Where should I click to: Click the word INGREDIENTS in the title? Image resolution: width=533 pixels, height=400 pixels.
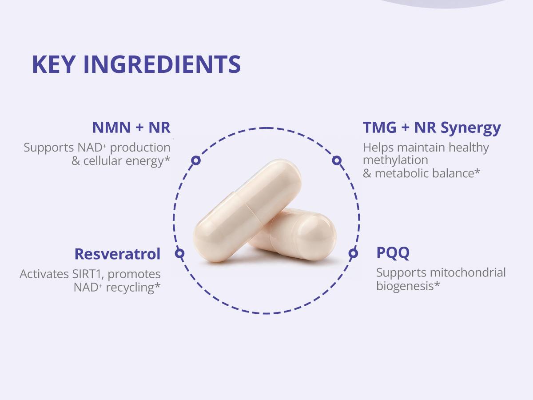(x=162, y=65)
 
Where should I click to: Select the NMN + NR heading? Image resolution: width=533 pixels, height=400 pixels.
(x=131, y=128)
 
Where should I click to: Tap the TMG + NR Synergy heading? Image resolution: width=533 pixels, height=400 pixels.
(x=432, y=128)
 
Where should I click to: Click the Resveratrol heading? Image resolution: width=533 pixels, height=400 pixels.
(x=117, y=254)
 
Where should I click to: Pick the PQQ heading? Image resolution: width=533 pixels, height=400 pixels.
(x=393, y=253)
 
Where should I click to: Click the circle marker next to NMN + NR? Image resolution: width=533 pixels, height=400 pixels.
(x=196, y=160)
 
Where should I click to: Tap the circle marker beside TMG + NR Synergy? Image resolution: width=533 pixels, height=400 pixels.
(x=337, y=160)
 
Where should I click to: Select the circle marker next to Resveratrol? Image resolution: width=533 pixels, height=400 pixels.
(x=179, y=253)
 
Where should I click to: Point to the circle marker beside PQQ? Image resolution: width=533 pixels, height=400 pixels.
(x=353, y=253)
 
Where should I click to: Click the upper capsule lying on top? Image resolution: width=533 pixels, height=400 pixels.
(x=247, y=209)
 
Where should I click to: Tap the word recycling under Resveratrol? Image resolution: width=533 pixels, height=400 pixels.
(x=130, y=288)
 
